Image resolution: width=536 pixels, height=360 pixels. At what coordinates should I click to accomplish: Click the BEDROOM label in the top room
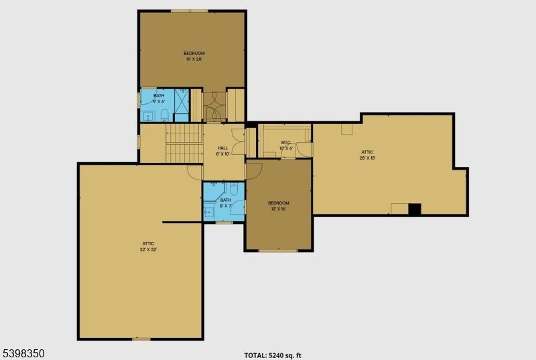[194, 53]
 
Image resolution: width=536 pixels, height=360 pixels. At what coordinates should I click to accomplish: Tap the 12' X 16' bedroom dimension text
[278, 209]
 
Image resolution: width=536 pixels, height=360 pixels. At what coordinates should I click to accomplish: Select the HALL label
[222, 147]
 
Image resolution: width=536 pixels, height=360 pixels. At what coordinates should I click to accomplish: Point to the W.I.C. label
[285, 142]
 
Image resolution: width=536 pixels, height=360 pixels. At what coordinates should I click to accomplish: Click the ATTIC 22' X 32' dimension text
[149, 249]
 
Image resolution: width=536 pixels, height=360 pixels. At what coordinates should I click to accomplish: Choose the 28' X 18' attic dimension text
[367, 158]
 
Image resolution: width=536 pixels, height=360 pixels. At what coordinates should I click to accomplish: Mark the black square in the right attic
[415, 208]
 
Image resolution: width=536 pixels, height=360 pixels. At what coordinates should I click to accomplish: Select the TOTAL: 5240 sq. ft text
[277, 355]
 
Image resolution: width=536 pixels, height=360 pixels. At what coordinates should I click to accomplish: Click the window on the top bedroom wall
[189, 11]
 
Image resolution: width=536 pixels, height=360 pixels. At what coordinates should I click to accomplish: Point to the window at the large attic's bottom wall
[141, 339]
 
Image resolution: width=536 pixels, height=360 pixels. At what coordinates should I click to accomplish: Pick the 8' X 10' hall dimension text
[222, 154]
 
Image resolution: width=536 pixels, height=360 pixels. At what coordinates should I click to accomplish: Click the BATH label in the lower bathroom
[226, 200]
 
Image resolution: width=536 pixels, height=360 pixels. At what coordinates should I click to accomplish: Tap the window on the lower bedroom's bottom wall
[278, 251]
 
